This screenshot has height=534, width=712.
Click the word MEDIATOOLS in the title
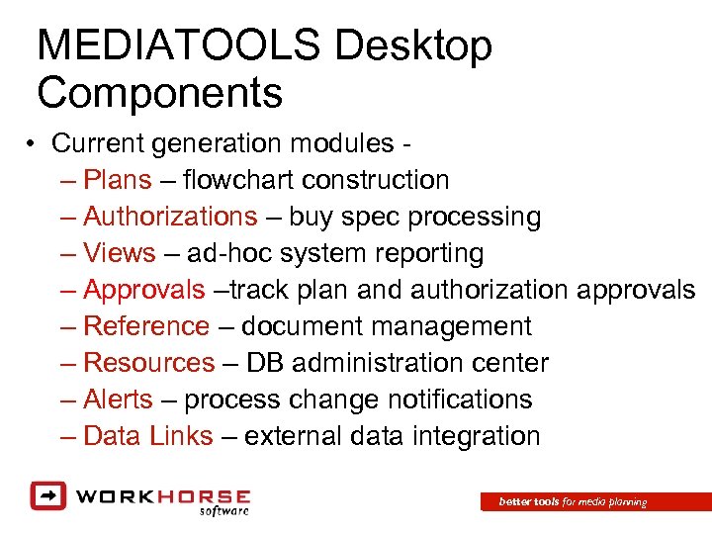coord(179,46)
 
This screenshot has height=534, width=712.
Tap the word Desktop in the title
coord(413,46)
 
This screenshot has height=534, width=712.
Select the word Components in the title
coord(160,94)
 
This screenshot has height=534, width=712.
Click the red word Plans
coord(118,180)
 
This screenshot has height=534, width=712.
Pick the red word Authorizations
coord(170,217)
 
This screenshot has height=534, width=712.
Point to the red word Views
coord(120,253)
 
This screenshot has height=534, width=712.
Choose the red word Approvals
coord(144,290)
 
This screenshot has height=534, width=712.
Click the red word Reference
coord(146,326)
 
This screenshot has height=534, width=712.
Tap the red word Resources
coord(149,363)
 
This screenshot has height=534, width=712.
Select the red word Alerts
coord(119,400)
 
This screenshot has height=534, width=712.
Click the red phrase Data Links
coord(148,436)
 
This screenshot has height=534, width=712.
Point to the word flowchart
coord(238,180)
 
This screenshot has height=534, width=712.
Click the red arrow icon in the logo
coord(47,494)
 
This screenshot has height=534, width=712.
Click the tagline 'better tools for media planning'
coord(573,502)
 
